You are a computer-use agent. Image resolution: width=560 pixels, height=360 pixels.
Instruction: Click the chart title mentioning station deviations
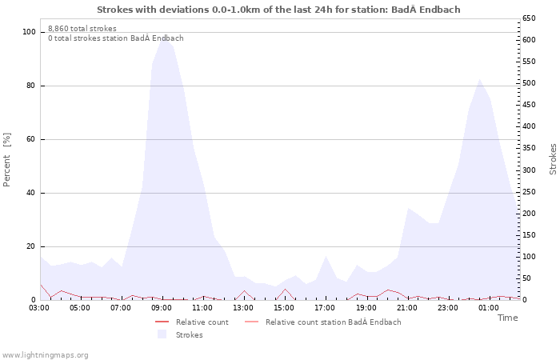[278, 10]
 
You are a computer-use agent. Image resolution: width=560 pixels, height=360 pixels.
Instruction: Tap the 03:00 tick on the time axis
[40, 307]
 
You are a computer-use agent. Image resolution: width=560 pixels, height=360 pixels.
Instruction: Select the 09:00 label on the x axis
[162, 307]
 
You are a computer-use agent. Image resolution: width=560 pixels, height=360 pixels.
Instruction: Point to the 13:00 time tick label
[243, 307]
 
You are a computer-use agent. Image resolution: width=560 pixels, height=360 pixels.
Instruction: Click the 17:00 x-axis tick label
[325, 307]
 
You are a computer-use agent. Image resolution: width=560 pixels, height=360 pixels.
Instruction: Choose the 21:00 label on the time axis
[406, 307]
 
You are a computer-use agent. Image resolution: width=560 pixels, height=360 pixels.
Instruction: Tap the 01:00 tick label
[488, 307]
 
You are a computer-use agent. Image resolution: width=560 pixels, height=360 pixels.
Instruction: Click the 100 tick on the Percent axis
[30, 32]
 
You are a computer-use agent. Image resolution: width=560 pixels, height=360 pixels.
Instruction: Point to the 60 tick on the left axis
[32, 139]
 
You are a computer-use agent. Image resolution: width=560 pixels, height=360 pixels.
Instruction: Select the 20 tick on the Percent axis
[32, 246]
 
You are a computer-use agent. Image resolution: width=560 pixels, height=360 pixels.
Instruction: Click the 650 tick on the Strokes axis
[530, 18]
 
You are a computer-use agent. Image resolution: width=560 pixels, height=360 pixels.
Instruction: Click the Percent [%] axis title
[7, 160]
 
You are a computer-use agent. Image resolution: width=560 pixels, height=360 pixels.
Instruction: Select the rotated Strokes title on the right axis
[553, 158]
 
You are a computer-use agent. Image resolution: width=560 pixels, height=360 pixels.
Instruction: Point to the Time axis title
[507, 318]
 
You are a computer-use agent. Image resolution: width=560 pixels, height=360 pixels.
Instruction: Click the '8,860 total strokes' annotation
[82, 29]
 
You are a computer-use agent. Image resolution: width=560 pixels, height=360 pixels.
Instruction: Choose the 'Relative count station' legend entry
[333, 322]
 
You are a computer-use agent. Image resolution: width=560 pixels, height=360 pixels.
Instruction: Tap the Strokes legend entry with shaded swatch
[189, 335]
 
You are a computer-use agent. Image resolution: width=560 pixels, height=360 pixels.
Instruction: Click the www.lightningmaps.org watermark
[46, 354]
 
